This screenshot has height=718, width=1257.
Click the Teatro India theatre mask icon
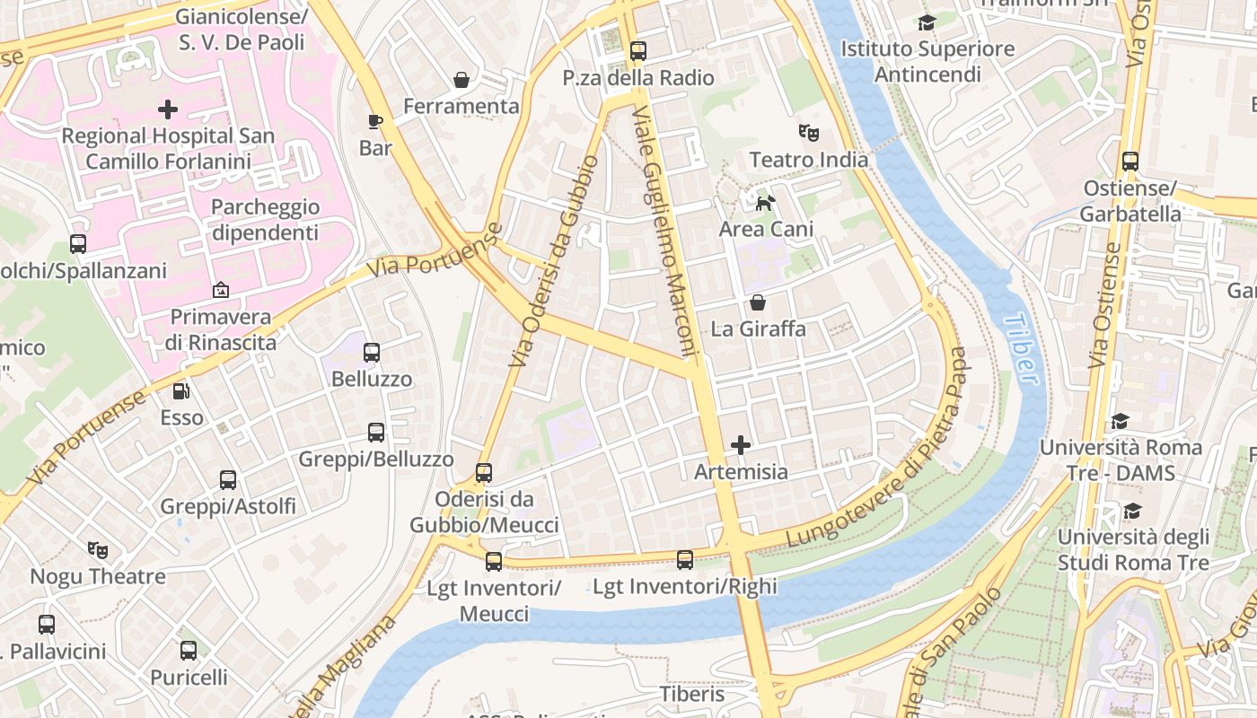point(809,133)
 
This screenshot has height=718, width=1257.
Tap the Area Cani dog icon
point(765,203)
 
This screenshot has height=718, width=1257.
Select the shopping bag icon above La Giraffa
point(758,302)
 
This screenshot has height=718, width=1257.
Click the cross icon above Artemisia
point(741,445)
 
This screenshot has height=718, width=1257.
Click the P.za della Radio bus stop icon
point(638,51)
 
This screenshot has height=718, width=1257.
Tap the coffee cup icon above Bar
point(375,121)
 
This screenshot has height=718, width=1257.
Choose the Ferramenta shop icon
point(461,80)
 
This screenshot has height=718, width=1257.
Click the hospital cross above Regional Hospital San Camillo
point(168,109)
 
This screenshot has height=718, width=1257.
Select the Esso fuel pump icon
point(181,391)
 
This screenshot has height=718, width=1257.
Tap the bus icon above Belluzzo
point(372,353)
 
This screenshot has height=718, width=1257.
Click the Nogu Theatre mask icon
point(98,549)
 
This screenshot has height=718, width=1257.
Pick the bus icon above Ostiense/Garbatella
point(1130,162)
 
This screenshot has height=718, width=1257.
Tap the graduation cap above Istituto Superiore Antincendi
point(927,22)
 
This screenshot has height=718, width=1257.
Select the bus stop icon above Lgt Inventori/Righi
point(685,560)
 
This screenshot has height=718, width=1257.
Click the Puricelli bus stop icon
point(189,651)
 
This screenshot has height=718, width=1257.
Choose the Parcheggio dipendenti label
point(265,220)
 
